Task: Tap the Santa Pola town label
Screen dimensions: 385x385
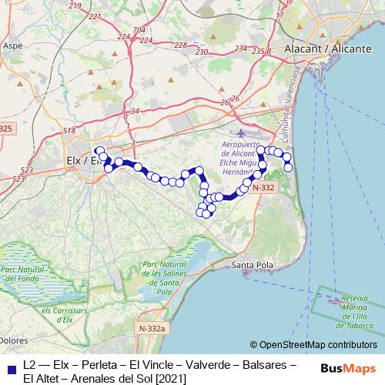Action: (x=252, y=265)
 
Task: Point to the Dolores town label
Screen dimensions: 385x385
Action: (x=15, y=340)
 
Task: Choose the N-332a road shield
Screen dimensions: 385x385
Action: (x=152, y=329)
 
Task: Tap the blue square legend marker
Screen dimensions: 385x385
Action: (x=9, y=367)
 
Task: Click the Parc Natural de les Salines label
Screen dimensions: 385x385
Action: (x=163, y=278)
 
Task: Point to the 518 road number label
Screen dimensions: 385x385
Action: (x=70, y=131)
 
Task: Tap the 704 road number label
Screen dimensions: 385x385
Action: (x=139, y=29)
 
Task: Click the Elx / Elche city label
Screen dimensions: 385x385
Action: (x=79, y=161)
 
